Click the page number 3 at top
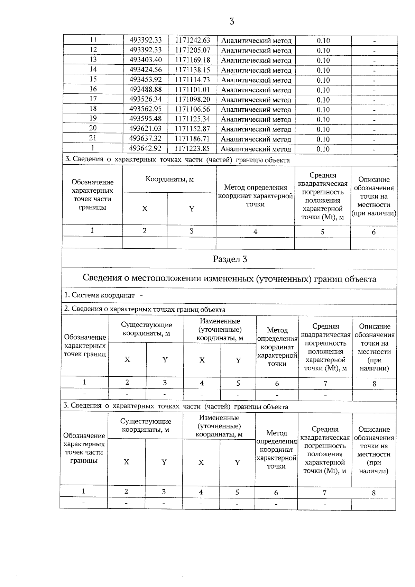[x=232, y=22]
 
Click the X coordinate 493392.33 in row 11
[x=146, y=40]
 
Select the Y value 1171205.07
[x=193, y=50]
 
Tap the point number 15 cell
[x=93, y=79]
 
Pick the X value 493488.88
[x=146, y=90]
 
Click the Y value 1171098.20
[x=193, y=100]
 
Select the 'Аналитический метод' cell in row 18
[x=256, y=110]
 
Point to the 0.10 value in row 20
[x=323, y=129]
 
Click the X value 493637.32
[x=145, y=139]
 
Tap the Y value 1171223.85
[x=192, y=149]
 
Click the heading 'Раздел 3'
[x=230, y=259]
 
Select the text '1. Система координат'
[x=100, y=295]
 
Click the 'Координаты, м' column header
[x=169, y=179]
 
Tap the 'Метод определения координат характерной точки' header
[x=256, y=196]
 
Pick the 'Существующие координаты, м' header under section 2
[x=146, y=329]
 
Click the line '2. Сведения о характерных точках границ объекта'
[x=145, y=310]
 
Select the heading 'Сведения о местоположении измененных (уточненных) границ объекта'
[x=230, y=279]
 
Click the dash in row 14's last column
[x=374, y=70]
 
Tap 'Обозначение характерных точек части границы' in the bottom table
[x=84, y=448]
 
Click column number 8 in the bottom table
[x=373, y=493]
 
